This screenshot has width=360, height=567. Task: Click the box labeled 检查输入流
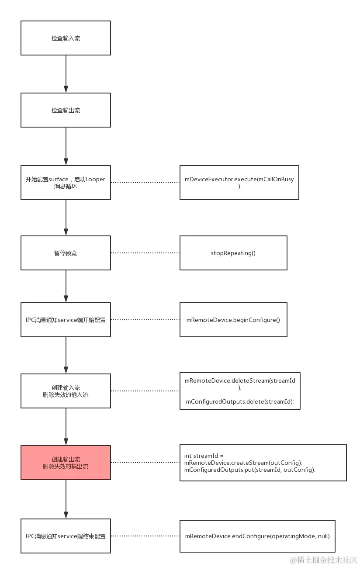pyautogui.click(x=66, y=38)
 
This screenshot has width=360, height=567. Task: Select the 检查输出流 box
pyautogui.click(x=66, y=110)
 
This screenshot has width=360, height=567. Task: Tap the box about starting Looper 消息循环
pyautogui.click(x=66, y=183)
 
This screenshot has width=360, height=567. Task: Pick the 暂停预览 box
pyautogui.click(x=66, y=253)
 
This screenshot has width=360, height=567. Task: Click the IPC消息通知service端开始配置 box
pyautogui.click(x=66, y=320)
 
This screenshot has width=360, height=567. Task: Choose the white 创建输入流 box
pyautogui.click(x=66, y=391)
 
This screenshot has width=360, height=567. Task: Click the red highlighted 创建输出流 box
pyautogui.click(x=66, y=463)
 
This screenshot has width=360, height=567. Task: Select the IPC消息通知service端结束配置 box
pyautogui.click(x=66, y=536)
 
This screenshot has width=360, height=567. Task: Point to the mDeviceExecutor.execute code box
pyautogui.click(x=239, y=183)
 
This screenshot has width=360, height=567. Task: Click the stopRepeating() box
pyautogui.click(x=233, y=253)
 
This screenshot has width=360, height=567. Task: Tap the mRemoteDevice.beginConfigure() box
pyautogui.click(x=233, y=320)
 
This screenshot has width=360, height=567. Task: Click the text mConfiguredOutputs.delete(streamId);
pyautogui.click(x=240, y=402)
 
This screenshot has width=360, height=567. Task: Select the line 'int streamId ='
pyautogui.click(x=204, y=456)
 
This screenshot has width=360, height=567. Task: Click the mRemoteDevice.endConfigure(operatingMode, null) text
pyautogui.click(x=257, y=536)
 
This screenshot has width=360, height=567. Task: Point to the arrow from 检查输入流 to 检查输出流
pyautogui.click(x=66, y=74)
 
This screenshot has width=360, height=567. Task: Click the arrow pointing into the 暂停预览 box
pyautogui.click(x=66, y=218)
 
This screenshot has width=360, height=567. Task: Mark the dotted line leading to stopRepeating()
pyautogui.click(x=145, y=253)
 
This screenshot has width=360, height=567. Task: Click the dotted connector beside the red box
pyautogui.click(x=145, y=463)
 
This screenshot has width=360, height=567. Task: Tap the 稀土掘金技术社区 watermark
pyautogui.click(x=323, y=560)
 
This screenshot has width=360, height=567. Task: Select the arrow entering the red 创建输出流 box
pyautogui.click(x=66, y=426)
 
